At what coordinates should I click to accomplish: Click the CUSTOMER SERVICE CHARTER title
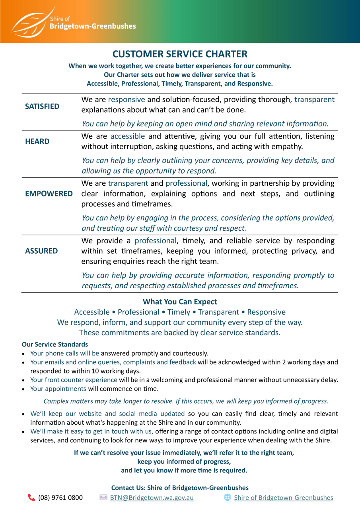coord(180,54)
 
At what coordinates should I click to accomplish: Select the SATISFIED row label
coord(42,107)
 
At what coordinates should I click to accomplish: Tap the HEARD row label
coord(37,142)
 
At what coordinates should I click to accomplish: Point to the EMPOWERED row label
coord(49,194)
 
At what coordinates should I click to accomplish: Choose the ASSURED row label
coord(41,251)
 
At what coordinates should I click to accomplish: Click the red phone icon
coord(32,497)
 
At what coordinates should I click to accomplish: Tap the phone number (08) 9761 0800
coord(60,497)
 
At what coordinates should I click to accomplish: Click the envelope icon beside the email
coord(103,497)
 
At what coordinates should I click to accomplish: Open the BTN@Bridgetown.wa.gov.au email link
coord(152,497)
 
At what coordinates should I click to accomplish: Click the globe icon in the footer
coord(228,497)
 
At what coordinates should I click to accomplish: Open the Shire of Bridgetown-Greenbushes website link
coord(284,497)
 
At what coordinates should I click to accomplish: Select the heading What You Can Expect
coord(180,302)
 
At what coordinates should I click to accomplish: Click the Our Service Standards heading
coord(55,344)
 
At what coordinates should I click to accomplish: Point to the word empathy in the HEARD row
coord(287,147)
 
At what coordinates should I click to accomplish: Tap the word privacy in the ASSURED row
coord(305,251)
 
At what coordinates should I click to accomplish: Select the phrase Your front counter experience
coord(74,380)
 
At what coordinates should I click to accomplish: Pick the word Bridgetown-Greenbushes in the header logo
coord(93,27)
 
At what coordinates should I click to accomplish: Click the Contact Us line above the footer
coord(180,488)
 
